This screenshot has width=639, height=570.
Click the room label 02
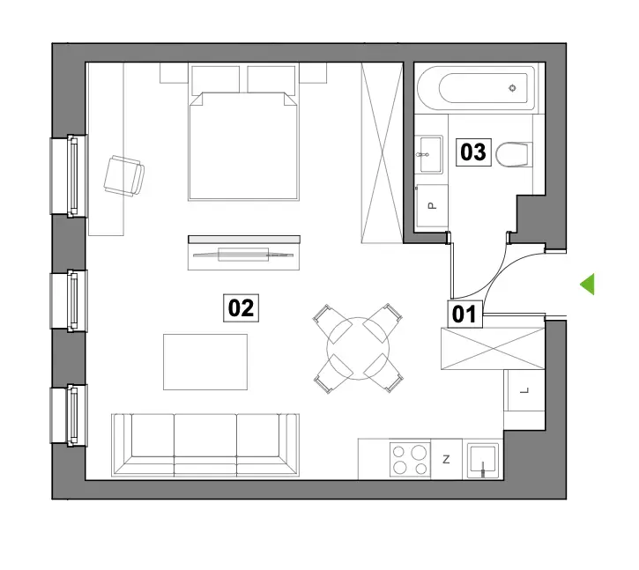coord(241,308)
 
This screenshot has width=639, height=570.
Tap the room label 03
coord(473,152)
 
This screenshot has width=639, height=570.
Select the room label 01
coord(464,315)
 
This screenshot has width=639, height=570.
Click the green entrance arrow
coord(587,284)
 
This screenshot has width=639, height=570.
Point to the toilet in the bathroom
coord(515,154)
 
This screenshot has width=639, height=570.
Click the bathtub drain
coord(513,87)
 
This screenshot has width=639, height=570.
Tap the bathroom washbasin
coord(428,155)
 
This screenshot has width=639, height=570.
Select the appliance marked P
coord(432,206)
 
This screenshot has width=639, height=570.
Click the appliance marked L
coord(524,390)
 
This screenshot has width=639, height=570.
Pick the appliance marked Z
coord(446,459)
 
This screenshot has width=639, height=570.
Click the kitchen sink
coord(483,461)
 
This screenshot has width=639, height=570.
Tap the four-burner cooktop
coord(410,459)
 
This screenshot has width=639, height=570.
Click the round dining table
coord(358,348)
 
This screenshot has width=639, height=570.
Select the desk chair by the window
coord(124,175)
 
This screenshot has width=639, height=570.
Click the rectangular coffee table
coord(205,362)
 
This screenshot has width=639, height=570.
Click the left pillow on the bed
coord(215,80)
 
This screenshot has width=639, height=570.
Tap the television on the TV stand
coord(243,255)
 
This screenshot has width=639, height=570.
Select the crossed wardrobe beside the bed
coord(382,152)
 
